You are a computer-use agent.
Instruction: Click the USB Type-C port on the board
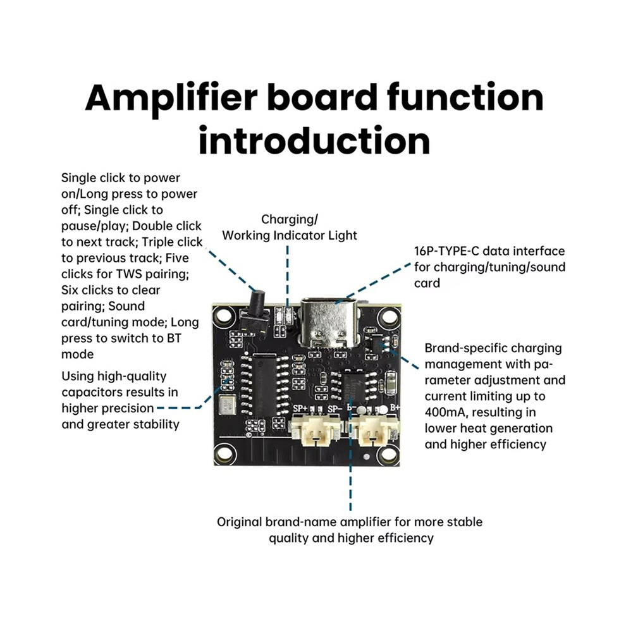[x=328, y=322]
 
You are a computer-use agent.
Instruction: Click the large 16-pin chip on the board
[x=264, y=384]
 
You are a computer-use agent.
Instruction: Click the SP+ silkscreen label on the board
[x=300, y=408]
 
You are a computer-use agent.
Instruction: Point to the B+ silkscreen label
[x=395, y=407]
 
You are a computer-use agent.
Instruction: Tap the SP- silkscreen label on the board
[x=335, y=408]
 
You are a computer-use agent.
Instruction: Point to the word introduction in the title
[x=315, y=140]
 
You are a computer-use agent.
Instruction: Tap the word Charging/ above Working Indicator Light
[x=290, y=219]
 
